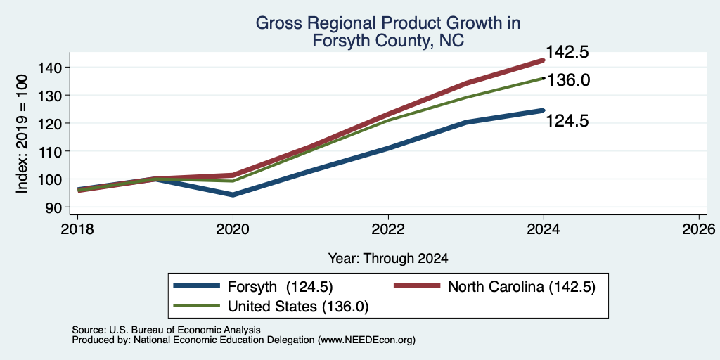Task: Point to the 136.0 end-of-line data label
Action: pos(568,80)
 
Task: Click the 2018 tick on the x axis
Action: pos(77,229)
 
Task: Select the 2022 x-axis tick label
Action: pos(388,229)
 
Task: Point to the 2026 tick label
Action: pos(700,229)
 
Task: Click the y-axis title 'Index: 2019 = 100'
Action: pos(23,134)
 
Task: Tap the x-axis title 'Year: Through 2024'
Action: pos(388,259)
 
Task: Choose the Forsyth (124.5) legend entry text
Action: pos(280,287)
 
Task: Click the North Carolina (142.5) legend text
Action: pos(522,287)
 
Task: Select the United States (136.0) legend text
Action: pos(298,307)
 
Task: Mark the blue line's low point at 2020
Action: pos(233,195)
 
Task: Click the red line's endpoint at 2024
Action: pos(544,60)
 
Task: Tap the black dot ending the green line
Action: pos(544,78)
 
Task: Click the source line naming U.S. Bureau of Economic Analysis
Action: pos(166,330)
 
